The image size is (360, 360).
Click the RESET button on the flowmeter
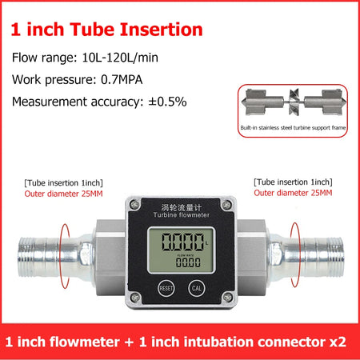click(166, 288)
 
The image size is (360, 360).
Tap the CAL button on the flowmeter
click(197, 288)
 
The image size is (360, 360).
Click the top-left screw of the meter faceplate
click(134, 205)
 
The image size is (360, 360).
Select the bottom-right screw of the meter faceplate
click(227, 297)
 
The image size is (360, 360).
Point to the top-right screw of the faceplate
click(226, 205)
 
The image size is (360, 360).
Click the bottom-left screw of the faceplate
click(135, 297)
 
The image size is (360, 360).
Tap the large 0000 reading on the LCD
click(182, 242)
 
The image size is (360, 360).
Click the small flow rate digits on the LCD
click(188, 262)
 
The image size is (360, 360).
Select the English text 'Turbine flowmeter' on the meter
click(182, 215)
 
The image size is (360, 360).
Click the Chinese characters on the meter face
click(182, 207)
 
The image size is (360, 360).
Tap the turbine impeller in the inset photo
click(294, 102)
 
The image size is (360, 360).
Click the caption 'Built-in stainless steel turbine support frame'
click(293, 128)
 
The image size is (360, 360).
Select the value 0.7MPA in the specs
click(122, 80)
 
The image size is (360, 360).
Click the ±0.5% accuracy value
click(167, 102)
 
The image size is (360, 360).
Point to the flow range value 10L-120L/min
click(120, 58)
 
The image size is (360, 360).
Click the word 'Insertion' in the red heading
click(162, 30)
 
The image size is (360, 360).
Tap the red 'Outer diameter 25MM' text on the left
click(63, 194)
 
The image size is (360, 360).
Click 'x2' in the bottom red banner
click(338, 342)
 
